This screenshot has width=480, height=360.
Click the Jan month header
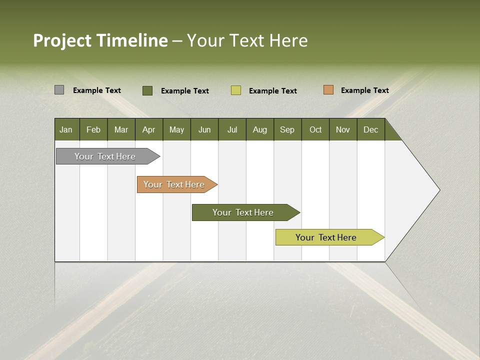[66, 129]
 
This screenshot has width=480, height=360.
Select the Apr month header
[148, 129]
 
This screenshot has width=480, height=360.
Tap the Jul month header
[232, 129]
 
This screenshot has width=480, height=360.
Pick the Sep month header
[287, 129]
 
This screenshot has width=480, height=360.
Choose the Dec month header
[370, 129]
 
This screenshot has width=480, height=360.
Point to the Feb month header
[93, 129]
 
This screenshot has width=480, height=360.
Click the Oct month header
[315, 129]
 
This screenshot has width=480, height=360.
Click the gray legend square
[59, 90]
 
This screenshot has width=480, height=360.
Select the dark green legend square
[147, 90]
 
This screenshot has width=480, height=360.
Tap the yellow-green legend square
[236, 90]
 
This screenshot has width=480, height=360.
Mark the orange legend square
[328, 90]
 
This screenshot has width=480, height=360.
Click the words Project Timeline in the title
[100, 40]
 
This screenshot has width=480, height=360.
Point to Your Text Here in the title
[247, 40]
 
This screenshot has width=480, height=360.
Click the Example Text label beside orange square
[364, 90]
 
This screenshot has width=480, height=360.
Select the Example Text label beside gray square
[97, 90]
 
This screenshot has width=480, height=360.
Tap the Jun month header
[204, 129]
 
